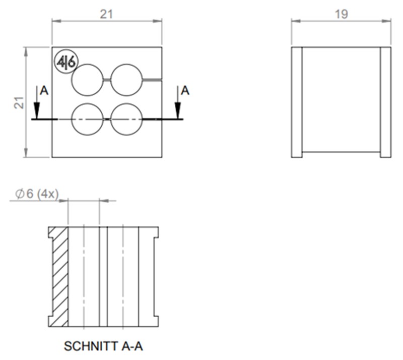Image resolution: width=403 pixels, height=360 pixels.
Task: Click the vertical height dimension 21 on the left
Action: (x=19, y=102)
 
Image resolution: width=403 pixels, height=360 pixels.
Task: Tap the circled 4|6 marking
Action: (x=66, y=62)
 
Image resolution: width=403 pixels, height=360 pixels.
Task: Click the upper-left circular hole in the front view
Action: (x=87, y=80)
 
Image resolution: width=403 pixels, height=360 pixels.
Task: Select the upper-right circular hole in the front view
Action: (x=126, y=80)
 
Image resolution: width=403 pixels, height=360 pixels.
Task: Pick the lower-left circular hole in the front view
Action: (x=87, y=119)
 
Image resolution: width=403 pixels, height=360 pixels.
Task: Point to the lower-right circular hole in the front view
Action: (x=126, y=119)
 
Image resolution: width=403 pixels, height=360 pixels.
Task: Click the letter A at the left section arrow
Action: (x=44, y=91)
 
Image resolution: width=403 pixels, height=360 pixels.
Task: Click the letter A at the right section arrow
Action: (x=185, y=91)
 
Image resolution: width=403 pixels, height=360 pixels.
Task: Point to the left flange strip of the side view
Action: (x=297, y=102)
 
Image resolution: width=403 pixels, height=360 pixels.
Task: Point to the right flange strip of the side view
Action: (x=385, y=102)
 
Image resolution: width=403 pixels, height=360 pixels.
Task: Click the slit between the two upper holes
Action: (x=107, y=80)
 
